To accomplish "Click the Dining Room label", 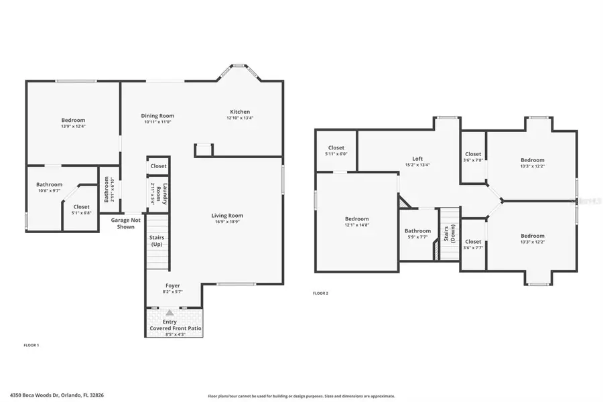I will click(157, 115).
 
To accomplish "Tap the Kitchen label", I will click(240, 112).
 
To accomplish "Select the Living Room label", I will click(227, 216).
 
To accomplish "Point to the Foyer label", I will click(172, 285).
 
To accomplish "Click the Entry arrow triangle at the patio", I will click(170, 312).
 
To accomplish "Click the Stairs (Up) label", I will click(156, 241).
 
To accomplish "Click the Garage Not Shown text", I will click(126, 223).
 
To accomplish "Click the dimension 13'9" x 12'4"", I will click(73, 126).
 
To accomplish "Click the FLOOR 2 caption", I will click(321, 293).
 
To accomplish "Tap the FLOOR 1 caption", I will click(31, 344).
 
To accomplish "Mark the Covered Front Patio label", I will click(174, 328).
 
